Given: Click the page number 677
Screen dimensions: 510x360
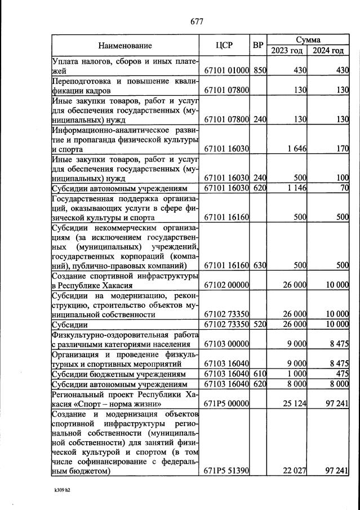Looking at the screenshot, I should coord(196,21).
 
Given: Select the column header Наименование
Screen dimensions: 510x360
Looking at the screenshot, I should coord(125,45).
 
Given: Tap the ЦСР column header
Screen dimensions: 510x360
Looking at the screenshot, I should coord(225,45).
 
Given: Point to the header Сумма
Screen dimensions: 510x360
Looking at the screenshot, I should coord(308,40).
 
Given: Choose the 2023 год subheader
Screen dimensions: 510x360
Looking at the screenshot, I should coord(287,50).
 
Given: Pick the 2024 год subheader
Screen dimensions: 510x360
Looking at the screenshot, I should coord(328,50).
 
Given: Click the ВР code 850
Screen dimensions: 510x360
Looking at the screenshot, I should coord(259,71).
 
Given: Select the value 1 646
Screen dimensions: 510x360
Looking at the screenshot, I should coord(294,149).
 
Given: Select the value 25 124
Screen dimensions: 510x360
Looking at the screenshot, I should coord(292,403).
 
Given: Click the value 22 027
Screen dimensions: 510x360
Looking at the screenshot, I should coord(292,471).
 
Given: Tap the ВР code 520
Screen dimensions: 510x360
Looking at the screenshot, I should coord(259,325).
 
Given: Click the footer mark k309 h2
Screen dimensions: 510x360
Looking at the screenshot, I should coord(62,490).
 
